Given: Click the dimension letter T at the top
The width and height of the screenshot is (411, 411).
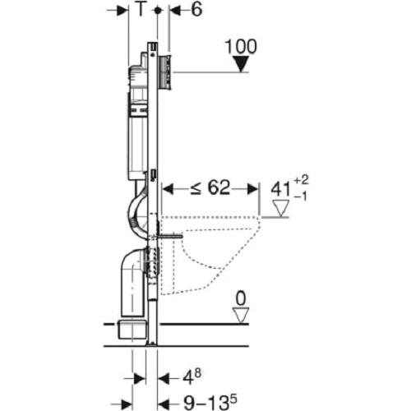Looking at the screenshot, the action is pyautogui.click(x=141, y=9).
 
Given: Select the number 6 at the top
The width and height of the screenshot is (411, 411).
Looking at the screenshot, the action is pyautogui.click(x=196, y=9).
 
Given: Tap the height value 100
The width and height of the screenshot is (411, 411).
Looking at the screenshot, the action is pyautogui.click(x=241, y=47).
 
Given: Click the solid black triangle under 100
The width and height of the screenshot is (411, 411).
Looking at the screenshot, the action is pyautogui.click(x=241, y=64).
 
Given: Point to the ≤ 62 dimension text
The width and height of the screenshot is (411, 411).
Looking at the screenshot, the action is pyautogui.click(x=210, y=188).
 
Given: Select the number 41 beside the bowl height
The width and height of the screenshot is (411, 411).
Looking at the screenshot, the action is pyautogui.click(x=280, y=189).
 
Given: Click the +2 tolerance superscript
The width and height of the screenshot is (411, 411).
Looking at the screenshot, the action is pyautogui.click(x=301, y=179).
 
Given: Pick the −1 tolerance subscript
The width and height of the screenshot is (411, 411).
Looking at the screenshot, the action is pyautogui.click(x=301, y=196).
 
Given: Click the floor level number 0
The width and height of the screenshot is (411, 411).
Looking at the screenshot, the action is pyautogui.click(x=241, y=298).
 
